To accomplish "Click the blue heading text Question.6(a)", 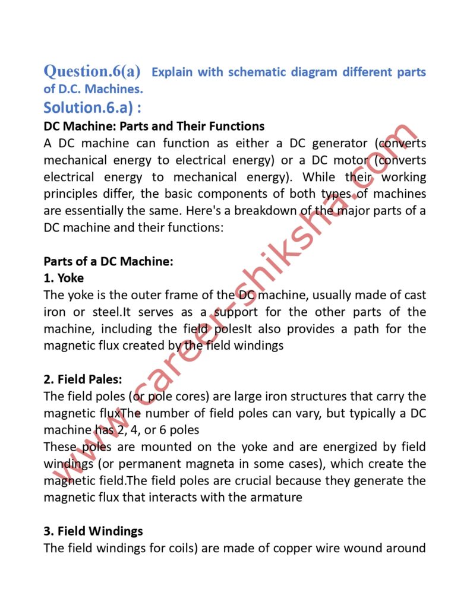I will (x=92, y=72).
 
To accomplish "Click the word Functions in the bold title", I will (x=232, y=126).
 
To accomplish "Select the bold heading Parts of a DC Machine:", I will (x=109, y=261).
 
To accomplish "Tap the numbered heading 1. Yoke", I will (x=64, y=278).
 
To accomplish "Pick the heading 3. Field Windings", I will (x=93, y=531).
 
